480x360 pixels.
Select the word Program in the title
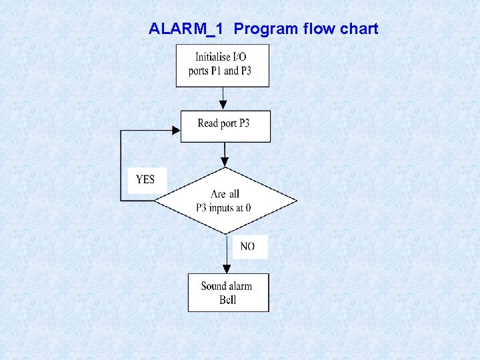click(266, 29)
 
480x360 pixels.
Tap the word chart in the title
click(358, 29)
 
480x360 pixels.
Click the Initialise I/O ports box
click(223, 65)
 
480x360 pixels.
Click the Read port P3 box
click(225, 126)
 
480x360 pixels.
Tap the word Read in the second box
click(209, 123)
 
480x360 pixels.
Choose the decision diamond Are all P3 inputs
click(225, 201)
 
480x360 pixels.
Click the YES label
click(146, 179)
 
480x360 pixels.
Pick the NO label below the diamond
click(247, 247)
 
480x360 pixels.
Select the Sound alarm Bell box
click(228, 292)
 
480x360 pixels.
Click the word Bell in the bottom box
click(227, 300)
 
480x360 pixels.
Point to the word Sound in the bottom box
click(213, 286)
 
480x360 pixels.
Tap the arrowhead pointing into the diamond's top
click(225, 162)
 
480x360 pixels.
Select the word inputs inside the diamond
click(229, 208)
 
